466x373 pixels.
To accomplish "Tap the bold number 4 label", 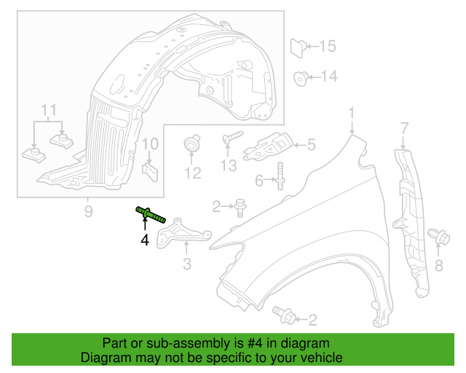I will (145, 239).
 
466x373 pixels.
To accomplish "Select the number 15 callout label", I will (327, 47).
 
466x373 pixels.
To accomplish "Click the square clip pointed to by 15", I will (298, 47).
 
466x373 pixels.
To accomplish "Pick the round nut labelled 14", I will (299, 76).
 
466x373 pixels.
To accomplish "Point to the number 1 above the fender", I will (351, 114).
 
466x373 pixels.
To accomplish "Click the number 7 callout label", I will (405, 130).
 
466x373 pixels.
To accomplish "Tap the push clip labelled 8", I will (439, 237).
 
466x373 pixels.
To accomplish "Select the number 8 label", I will (439, 266).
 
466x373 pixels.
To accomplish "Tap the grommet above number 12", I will (192, 143).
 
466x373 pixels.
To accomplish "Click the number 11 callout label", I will (48, 110).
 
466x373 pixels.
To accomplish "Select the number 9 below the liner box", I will (88, 211).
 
